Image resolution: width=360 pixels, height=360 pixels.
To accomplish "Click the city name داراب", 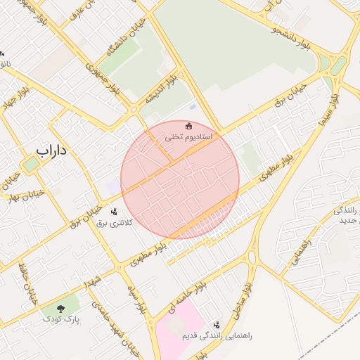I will click(51, 150).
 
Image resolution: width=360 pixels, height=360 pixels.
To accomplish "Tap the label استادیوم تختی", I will click(188, 136).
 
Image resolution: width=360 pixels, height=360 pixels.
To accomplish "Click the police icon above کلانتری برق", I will click(114, 211).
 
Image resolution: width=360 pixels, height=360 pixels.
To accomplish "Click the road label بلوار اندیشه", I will click(161, 87).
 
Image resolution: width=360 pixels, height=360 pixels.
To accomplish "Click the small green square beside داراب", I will click(30, 164).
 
